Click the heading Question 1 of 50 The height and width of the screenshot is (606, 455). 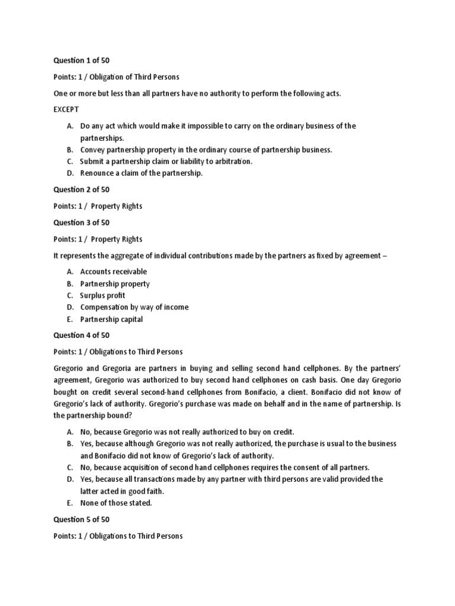coord(81,60)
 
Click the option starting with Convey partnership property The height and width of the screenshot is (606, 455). coord(206,150)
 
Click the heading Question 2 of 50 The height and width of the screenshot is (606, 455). coord(81,189)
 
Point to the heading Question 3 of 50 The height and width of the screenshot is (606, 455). coord(81,223)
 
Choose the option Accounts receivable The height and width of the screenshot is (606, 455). coord(114,272)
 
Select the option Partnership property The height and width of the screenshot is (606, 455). coord(115,283)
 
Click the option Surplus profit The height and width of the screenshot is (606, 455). coord(102,295)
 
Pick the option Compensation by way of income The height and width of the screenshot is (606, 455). coord(134,307)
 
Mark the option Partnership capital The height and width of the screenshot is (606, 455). coord(111,320)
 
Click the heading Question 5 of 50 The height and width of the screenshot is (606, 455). coord(81,520)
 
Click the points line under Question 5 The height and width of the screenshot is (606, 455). coord(118,536)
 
